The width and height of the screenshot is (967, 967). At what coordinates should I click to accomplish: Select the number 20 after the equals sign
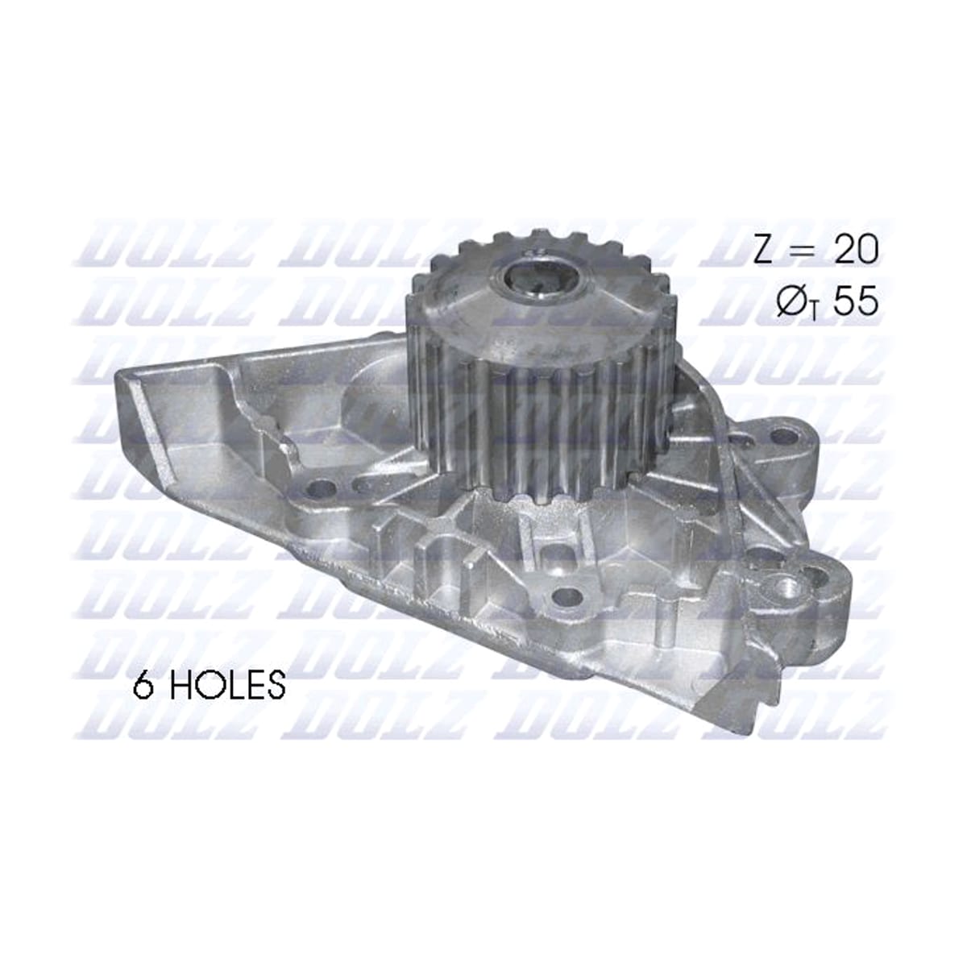click(x=856, y=250)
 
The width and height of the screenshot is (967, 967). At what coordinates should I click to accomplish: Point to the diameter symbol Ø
click(x=792, y=301)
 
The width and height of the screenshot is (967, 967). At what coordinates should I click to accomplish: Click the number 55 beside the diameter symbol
click(x=856, y=301)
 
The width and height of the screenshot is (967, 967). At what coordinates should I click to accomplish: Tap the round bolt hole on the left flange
click(x=320, y=488)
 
